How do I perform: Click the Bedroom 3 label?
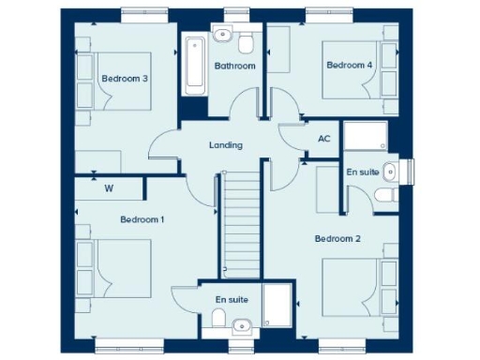(x=125, y=79)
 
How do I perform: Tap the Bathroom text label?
(x=234, y=66)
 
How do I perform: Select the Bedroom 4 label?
(x=349, y=65)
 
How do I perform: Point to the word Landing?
(x=226, y=145)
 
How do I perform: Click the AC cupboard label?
(x=324, y=139)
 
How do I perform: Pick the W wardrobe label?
(x=109, y=188)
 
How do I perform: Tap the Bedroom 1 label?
(x=142, y=219)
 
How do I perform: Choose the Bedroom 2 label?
(x=337, y=239)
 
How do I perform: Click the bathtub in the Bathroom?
(x=195, y=64)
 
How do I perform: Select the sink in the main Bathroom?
(x=223, y=36)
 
